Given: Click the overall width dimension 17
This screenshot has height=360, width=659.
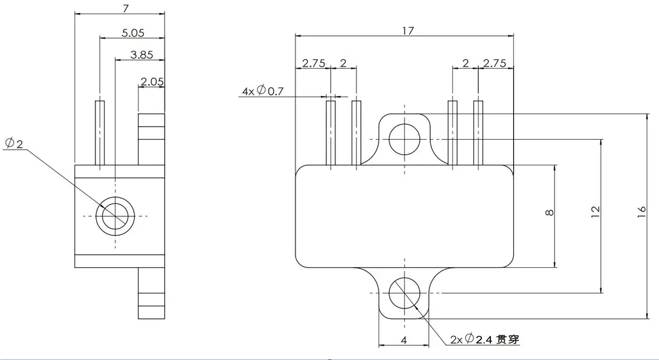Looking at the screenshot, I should (x=408, y=30).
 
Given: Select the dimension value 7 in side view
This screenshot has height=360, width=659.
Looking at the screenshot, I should (x=125, y=8).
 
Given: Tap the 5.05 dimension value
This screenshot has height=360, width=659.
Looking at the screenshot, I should (x=133, y=32).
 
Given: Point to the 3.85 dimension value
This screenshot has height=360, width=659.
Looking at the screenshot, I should (x=141, y=55).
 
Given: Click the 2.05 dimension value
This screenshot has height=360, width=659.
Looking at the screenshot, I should (x=152, y=82).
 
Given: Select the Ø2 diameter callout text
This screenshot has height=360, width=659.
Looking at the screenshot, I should (x=14, y=143).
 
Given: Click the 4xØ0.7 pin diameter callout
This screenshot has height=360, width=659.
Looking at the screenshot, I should (x=262, y=91).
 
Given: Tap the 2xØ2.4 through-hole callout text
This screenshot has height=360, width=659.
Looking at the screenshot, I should (x=487, y=339).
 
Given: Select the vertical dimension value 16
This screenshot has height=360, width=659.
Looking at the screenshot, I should (x=643, y=210).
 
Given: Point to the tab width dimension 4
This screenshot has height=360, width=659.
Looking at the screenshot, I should (x=404, y=340).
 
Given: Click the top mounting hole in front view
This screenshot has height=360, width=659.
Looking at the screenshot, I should (x=405, y=138).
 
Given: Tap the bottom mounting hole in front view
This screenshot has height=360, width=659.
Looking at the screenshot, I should (x=405, y=293).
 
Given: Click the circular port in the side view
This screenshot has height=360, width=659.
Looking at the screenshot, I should (x=115, y=216).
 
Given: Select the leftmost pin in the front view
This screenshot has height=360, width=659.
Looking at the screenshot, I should (x=331, y=132).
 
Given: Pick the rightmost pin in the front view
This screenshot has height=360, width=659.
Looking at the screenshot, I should (x=479, y=132).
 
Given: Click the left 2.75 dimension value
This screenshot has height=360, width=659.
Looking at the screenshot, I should (x=313, y=63).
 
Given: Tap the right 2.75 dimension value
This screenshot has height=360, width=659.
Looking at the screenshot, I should (x=494, y=63).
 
